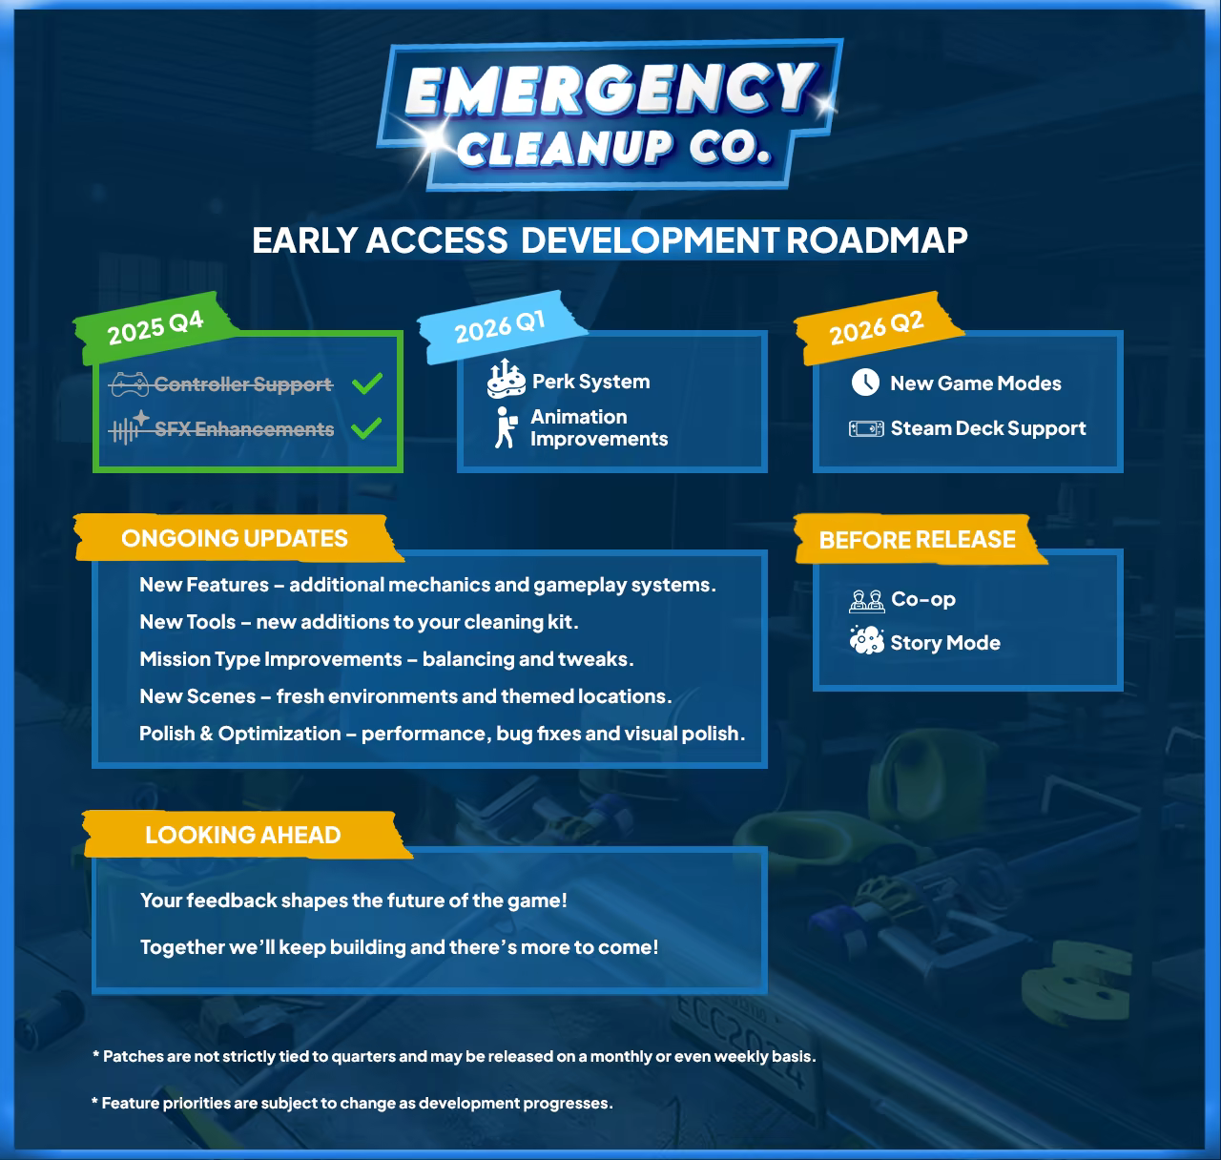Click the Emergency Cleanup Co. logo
pos(610,114)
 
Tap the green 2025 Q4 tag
pos(155,326)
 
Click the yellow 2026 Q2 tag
pos(877,327)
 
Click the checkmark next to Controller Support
pos(367,383)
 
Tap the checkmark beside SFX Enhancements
pos(367,428)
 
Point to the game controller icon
pos(129,384)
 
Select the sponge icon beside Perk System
pos(506,380)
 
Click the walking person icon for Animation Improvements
pos(505,427)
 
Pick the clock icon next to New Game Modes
pos(865,383)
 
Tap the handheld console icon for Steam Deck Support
pos(866,428)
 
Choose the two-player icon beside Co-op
pos(866,600)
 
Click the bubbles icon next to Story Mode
pos(866,641)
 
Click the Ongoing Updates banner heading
pos(235,538)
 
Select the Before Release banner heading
pos(917,540)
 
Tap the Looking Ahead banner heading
pos(242,835)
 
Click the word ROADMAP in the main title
pos(877,239)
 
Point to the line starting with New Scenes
pos(405,696)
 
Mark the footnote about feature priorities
pos(352,1103)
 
